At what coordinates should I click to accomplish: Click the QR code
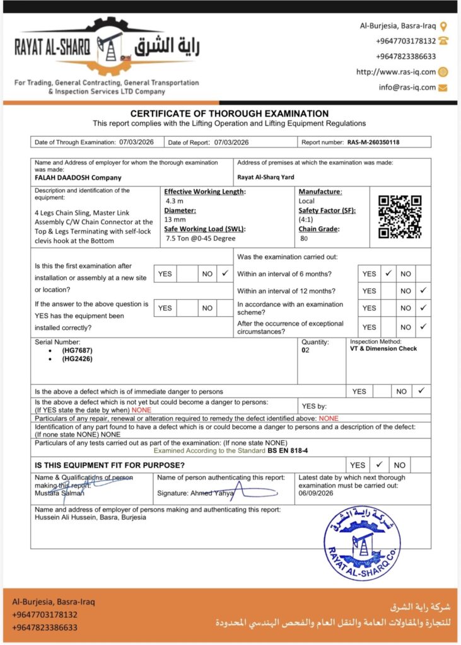[x=399, y=217]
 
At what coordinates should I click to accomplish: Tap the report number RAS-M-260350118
[x=373, y=142]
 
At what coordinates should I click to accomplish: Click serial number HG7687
[x=76, y=350]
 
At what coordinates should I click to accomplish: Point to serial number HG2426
[x=76, y=358]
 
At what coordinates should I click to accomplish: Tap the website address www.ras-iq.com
[x=395, y=72]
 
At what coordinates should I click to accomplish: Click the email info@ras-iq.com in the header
[x=407, y=88]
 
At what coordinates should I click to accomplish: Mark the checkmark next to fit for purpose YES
[x=379, y=465]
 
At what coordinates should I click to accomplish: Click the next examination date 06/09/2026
[x=316, y=494]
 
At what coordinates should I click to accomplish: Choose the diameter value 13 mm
[x=175, y=219]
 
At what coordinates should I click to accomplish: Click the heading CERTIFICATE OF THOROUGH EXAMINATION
[x=230, y=114]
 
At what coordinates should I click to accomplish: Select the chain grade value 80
[x=304, y=238]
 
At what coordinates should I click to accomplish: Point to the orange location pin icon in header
[x=443, y=26]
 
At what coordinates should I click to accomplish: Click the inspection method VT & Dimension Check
[x=383, y=348]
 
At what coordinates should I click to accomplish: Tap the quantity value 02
[x=306, y=350]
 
